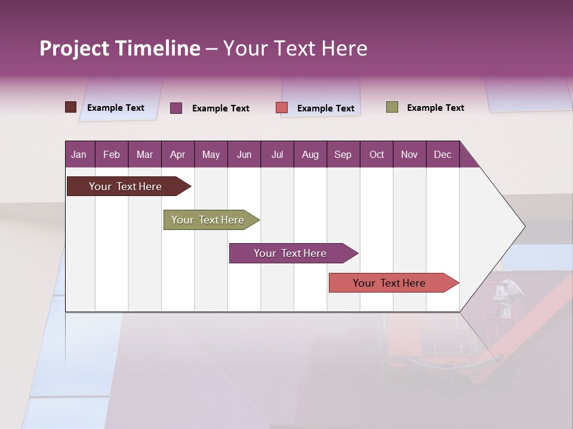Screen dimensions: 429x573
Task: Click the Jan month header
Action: click(x=79, y=154)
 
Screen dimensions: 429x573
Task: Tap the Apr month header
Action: click(x=177, y=154)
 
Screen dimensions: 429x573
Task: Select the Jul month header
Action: click(x=277, y=154)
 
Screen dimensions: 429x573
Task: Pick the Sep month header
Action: click(x=343, y=154)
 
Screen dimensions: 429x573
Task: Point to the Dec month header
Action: click(x=442, y=154)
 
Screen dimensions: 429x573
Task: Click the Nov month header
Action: click(x=409, y=154)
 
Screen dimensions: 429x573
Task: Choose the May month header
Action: click(x=211, y=154)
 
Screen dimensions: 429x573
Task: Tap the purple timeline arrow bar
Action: click(x=291, y=253)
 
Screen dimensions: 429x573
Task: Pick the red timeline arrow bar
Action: click(x=390, y=283)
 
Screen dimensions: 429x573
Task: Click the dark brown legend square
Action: click(x=70, y=107)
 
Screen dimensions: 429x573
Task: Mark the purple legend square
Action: click(x=176, y=108)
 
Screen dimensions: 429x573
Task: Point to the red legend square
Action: click(x=282, y=108)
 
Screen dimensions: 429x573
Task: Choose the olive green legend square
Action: click(x=392, y=107)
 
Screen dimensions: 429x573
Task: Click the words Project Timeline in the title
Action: click(x=119, y=48)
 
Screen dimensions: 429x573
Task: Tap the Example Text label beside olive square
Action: click(x=435, y=108)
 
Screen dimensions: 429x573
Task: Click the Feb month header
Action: click(x=111, y=154)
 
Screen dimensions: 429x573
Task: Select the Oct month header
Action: click(x=376, y=154)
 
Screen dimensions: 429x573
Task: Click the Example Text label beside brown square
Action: click(x=116, y=108)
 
